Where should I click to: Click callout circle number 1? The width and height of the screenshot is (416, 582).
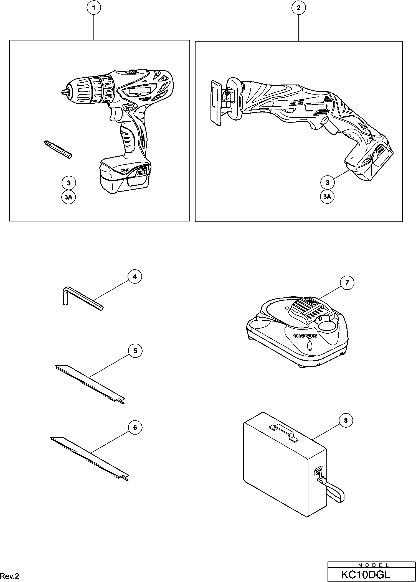pos(94,8)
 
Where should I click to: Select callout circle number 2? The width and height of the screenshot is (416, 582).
pos(299,8)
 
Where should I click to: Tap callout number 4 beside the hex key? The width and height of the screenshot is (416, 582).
pos(135,277)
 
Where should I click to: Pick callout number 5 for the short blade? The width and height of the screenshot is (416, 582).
pos(135,351)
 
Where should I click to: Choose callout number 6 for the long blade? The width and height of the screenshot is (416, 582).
pos(135,428)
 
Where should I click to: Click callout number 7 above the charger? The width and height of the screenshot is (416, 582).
pos(346,283)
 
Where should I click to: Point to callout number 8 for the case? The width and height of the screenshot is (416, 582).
pos(346,421)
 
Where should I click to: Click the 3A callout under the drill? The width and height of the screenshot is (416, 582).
pos(69,197)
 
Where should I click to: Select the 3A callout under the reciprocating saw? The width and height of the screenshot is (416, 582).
pos(327,196)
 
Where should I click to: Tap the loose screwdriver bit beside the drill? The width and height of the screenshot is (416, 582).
pos(58,149)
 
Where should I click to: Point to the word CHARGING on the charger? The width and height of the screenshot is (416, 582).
pos(305,336)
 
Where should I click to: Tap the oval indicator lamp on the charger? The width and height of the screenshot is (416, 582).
pos(310,346)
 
